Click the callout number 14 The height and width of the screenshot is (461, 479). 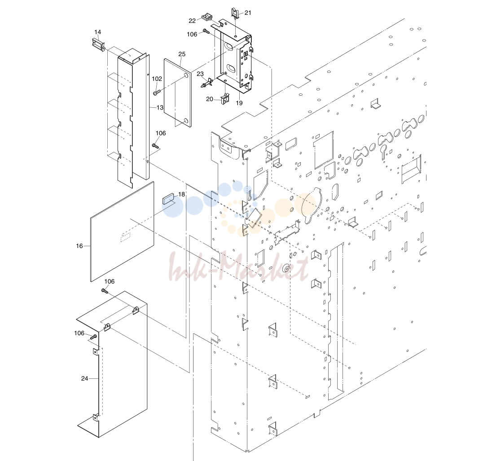pos(98,32)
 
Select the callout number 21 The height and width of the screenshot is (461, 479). pos(248,13)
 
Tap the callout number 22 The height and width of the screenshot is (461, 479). pos(192,21)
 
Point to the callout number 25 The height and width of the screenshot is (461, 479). pos(182,54)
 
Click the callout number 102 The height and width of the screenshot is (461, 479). pos(157,79)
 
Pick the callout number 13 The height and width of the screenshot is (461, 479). pos(160,107)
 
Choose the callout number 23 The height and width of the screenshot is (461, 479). pos(200,74)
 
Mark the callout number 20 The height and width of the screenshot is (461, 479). pos(210,99)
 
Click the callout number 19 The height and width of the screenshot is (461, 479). pos(239,103)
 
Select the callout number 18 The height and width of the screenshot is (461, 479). pos(182,195)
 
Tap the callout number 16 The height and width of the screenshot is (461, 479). pos(79,246)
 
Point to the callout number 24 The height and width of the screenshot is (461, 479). pos(84,378)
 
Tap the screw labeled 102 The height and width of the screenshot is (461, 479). pos(156,92)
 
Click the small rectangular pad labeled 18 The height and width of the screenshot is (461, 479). pos(168,199)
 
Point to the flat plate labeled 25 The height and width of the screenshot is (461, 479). pos(177,93)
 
